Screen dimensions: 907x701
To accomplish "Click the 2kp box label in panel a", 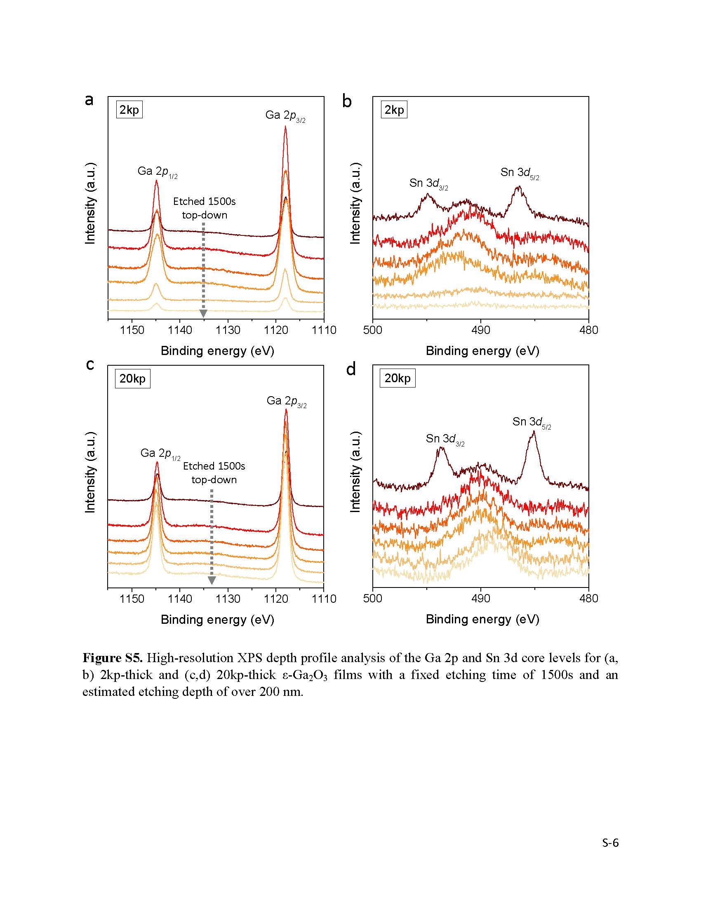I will click(129, 110).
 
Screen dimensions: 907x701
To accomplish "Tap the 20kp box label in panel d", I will click(398, 378).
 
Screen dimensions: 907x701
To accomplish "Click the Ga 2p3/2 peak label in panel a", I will click(285, 116).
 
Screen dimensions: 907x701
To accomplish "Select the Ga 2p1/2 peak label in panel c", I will click(160, 453).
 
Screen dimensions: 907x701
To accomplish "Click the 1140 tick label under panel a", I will click(180, 330).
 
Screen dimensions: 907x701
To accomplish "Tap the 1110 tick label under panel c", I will click(324, 599).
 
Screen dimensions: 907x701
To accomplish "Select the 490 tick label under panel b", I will click(480, 330).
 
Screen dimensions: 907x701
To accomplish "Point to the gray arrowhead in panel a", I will click(203, 314).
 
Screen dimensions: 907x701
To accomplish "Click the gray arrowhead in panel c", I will click(212, 580).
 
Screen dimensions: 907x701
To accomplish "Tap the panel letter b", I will click(347, 101).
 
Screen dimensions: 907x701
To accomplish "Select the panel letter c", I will click(90, 365).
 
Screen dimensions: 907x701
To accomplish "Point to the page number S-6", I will click(610, 843).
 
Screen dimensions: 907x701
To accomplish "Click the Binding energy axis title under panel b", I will click(482, 351).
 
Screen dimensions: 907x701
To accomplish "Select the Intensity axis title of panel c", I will click(91, 472).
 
